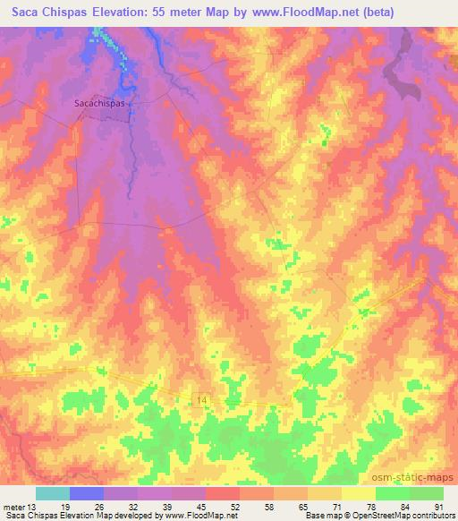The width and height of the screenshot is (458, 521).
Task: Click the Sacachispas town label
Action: (101, 103)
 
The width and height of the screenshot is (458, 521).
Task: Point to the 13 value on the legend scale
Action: (33, 507)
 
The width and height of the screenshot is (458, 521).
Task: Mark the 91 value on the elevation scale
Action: (439, 507)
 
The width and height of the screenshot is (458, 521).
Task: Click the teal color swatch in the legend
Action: (53, 493)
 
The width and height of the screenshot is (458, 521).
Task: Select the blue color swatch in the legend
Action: (87, 493)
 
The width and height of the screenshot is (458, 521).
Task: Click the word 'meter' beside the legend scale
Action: (13, 507)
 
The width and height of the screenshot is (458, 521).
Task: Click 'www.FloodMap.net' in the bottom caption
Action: (191, 516)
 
